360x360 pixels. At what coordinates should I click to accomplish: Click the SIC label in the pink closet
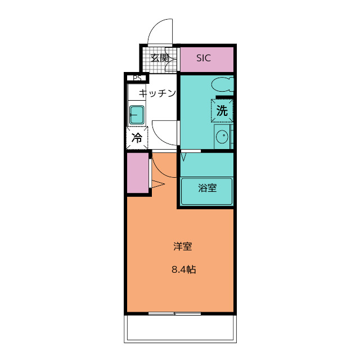[204, 58]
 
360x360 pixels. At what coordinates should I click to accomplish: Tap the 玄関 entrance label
[160, 57]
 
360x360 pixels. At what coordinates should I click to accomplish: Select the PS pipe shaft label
[137, 78]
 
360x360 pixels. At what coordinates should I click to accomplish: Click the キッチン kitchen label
[157, 93]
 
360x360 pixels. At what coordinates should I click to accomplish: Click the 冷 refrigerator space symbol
[137, 137]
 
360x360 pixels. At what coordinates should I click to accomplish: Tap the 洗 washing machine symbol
[222, 110]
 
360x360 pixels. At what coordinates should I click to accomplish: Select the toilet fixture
[223, 85]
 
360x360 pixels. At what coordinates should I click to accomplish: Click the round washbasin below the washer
[222, 136]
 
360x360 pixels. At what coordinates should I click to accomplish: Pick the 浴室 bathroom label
[207, 188]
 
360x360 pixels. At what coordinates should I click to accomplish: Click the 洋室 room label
[183, 246]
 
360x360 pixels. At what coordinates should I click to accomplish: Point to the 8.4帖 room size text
[183, 269]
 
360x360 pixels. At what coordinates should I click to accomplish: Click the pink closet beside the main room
[137, 173]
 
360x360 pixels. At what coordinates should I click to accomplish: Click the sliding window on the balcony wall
[174, 313]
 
